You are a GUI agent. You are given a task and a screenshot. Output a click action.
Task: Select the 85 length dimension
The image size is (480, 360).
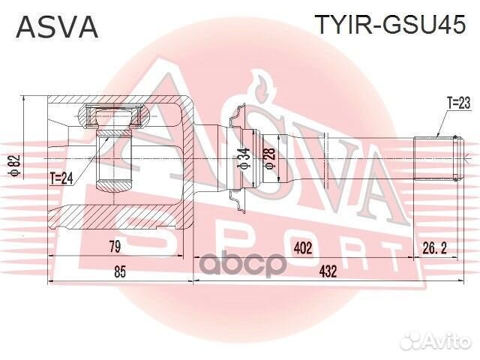point(119,272)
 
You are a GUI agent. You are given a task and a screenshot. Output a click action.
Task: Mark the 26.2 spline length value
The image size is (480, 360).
point(436,246)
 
